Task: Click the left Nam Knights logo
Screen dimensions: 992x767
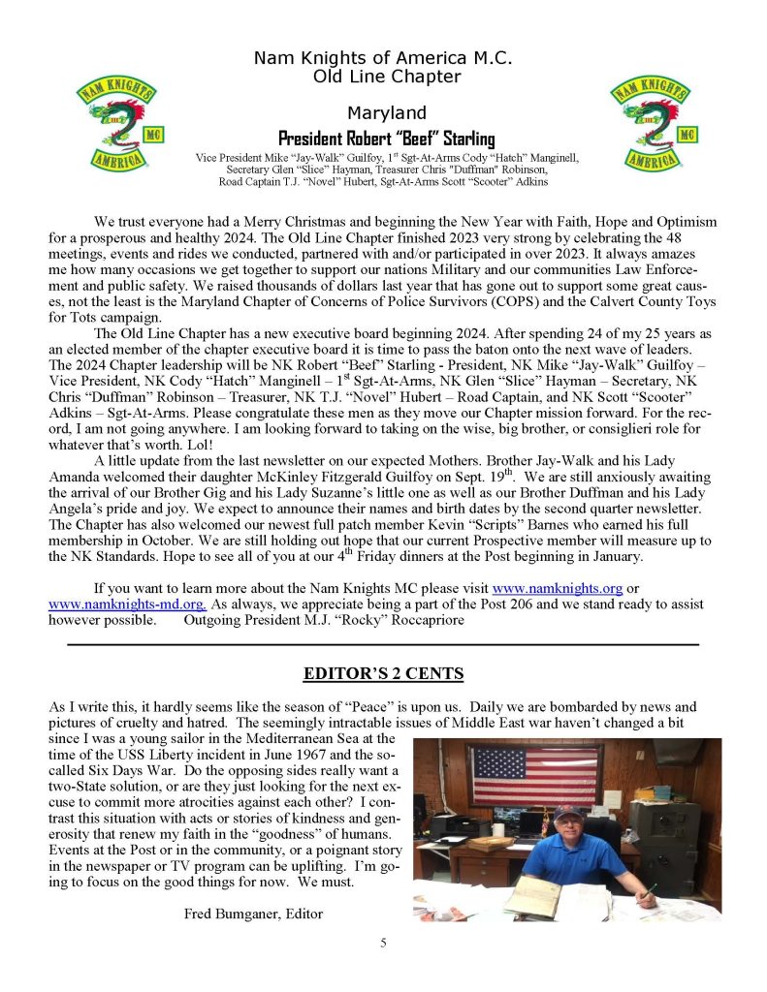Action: coord(114,126)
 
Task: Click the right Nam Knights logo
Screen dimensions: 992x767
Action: coord(651,126)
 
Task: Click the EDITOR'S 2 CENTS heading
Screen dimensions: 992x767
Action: coord(383,672)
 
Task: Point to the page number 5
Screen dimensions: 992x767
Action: coord(383,943)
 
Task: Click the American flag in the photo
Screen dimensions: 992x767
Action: coord(533,775)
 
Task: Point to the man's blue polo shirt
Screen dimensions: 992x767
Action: coord(572,862)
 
